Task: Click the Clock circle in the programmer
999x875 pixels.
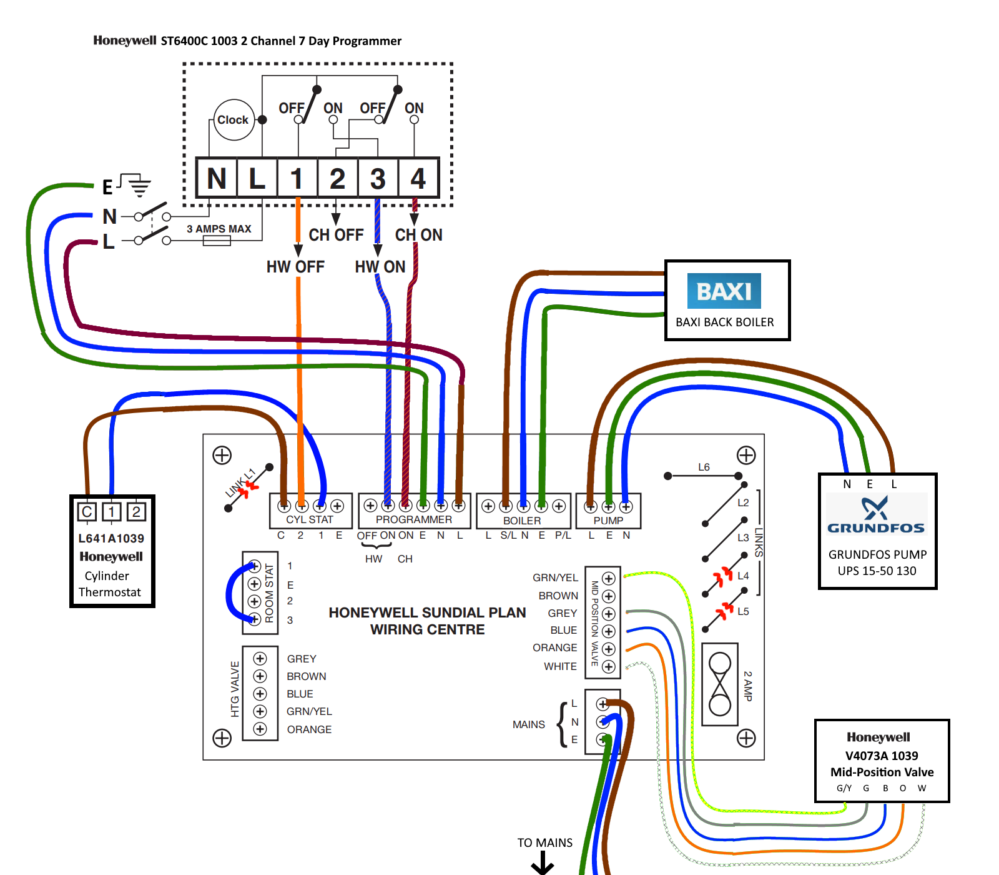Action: (233, 119)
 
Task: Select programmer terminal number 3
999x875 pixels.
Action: (378, 179)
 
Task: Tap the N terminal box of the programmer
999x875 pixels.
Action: (217, 179)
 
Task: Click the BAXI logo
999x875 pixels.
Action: (724, 291)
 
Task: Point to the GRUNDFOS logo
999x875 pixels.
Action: (875, 516)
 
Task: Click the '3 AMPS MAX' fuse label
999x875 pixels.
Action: (219, 229)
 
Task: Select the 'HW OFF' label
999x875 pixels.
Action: (295, 267)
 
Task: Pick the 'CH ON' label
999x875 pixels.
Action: (418, 235)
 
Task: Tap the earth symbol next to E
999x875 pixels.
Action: (139, 185)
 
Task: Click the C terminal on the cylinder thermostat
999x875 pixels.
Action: (87, 512)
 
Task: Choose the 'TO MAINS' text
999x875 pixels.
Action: (544, 842)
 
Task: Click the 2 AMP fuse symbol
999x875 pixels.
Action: (720, 684)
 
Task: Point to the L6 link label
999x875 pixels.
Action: (704, 467)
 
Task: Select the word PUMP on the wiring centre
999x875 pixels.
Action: (608, 521)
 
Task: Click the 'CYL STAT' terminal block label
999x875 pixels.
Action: (310, 519)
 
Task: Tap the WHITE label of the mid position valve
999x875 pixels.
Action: (560, 666)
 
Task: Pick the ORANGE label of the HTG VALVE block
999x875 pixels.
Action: (309, 729)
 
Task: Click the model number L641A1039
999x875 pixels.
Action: (111, 538)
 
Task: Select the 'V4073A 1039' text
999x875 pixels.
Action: (882, 756)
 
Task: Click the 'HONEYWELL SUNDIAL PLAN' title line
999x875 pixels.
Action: (427, 612)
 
